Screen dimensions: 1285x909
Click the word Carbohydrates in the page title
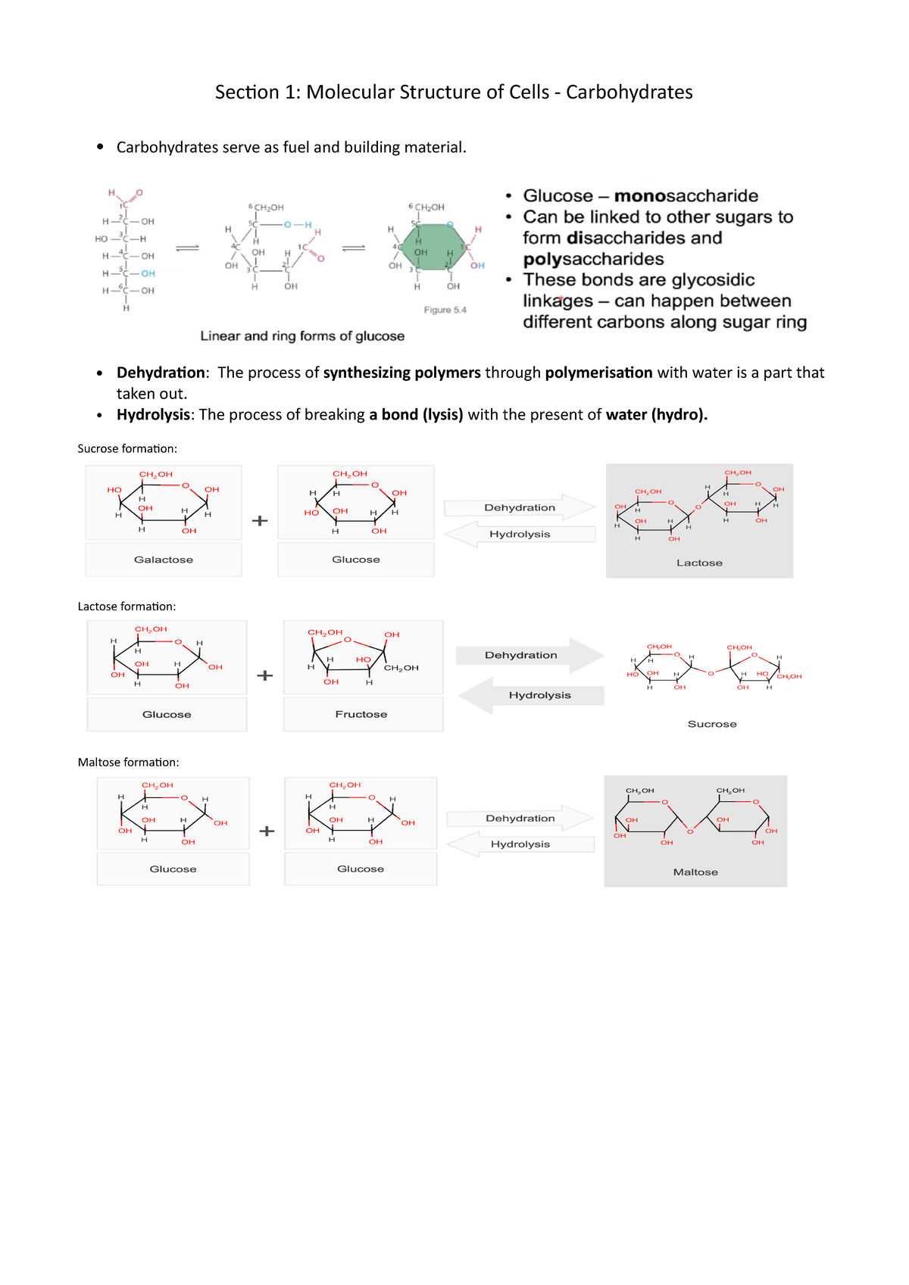(629, 92)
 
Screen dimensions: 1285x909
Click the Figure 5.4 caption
(445, 310)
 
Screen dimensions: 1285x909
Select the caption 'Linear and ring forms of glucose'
(302, 336)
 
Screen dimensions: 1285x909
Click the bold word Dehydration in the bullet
(161, 373)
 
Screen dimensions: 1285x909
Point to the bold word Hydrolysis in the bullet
(153, 415)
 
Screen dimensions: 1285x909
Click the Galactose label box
(164, 560)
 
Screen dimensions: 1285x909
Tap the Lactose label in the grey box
(699, 563)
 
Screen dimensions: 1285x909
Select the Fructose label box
(362, 714)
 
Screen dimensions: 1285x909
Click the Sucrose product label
(712, 724)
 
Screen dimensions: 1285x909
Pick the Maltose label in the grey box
(695, 872)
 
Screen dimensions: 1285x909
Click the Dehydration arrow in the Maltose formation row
(520, 819)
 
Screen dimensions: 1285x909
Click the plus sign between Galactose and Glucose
(260, 521)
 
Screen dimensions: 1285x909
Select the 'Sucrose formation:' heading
(127, 449)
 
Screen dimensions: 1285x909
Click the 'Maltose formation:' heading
(128, 763)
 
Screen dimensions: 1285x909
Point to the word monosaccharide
(686, 196)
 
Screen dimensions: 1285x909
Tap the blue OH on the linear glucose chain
(148, 273)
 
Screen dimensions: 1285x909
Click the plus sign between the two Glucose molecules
(267, 831)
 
